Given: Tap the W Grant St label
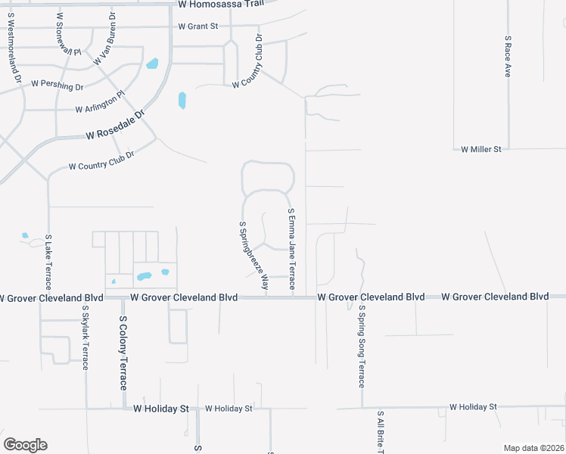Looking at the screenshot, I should (198, 26).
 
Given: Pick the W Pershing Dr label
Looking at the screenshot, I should (57, 86).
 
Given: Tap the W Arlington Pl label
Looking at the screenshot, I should (100, 104).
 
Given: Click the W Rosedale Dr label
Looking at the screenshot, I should (114, 126).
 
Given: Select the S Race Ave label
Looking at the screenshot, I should (508, 55).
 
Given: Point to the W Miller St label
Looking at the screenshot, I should (481, 150).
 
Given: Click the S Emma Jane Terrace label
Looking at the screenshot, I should (291, 242).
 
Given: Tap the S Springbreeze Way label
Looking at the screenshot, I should (254, 256).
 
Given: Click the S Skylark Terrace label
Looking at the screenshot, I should (86, 336).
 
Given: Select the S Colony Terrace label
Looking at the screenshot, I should (124, 354).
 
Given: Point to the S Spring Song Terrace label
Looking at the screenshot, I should (362, 347).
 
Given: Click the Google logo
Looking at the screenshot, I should (25, 445).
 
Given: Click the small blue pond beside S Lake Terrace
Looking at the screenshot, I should (25, 235).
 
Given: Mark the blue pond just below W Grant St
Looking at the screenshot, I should (153, 64).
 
